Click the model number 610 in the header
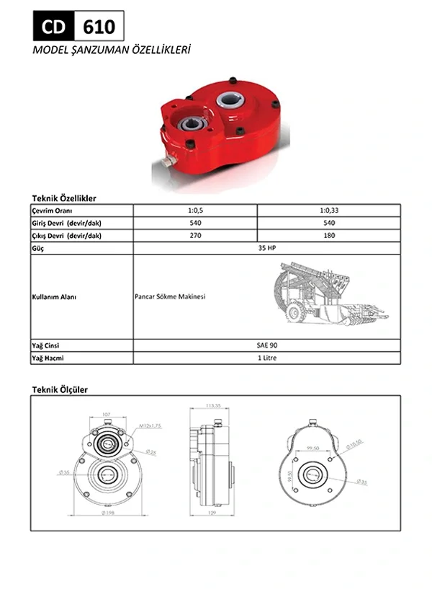pyautogui.click(x=99, y=27)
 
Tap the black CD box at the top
pyautogui.click(x=53, y=27)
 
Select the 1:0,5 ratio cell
pyautogui.click(x=194, y=210)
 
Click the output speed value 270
pyautogui.click(x=194, y=235)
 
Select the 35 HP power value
pyautogui.click(x=266, y=247)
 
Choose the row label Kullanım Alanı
pyautogui.click(x=54, y=296)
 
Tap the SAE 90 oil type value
pyautogui.click(x=266, y=345)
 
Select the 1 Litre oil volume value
pyautogui.click(x=266, y=358)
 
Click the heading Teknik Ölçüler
pyautogui.click(x=60, y=389)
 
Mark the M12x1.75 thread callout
pyautogui.click(x=150, y=425)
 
